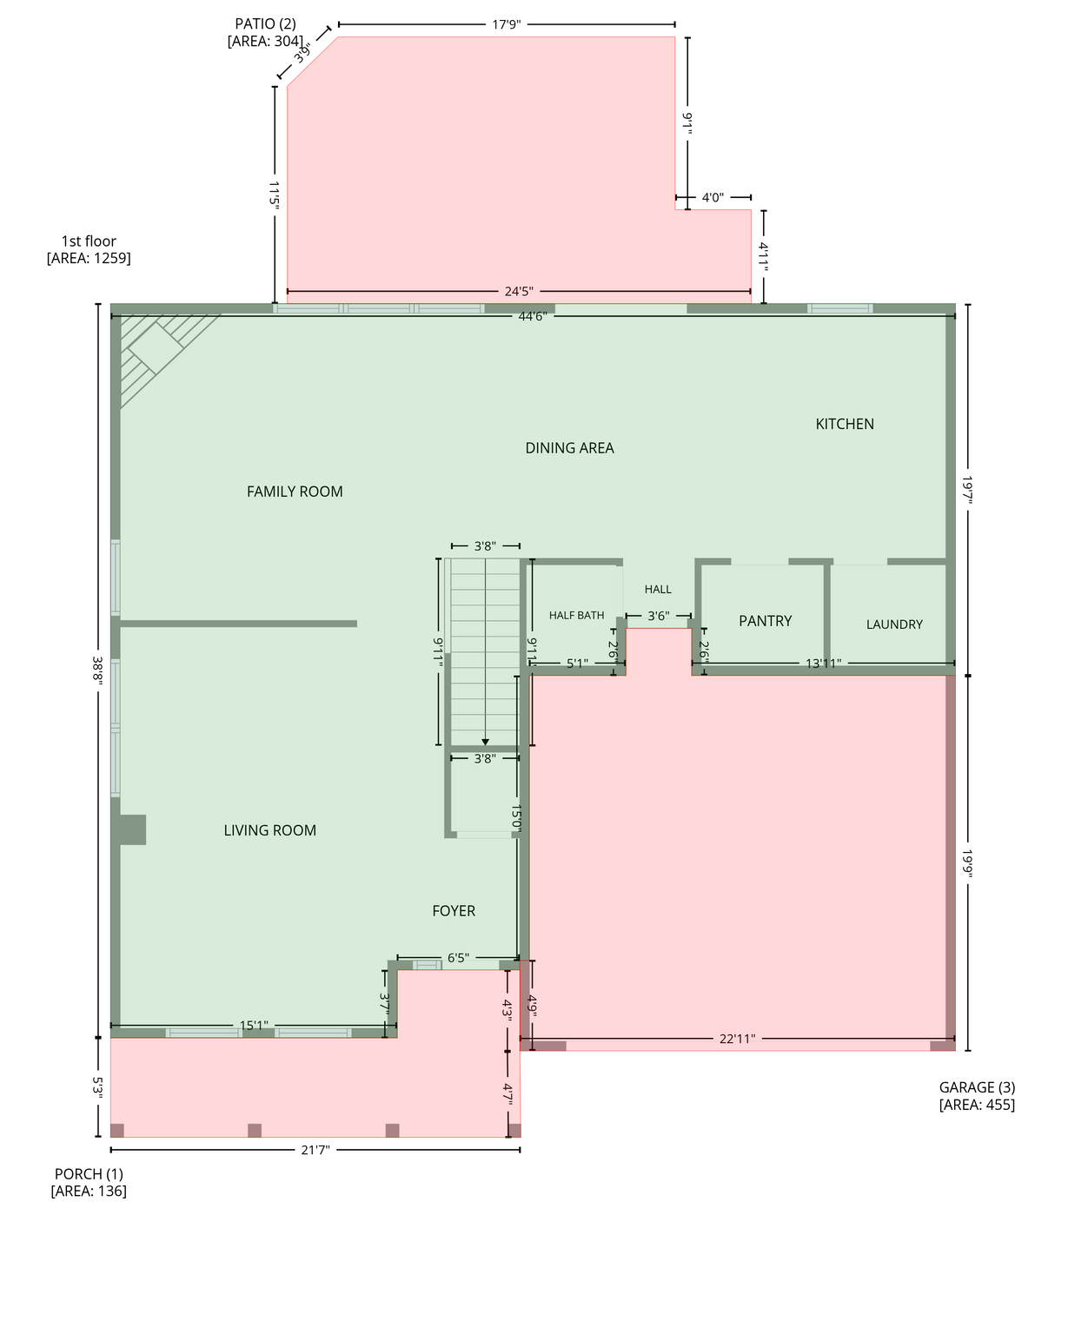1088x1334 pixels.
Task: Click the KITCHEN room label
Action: tap(844, 424)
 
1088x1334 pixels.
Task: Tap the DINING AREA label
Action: tap(569, 448)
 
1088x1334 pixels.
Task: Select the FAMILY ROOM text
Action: tap(295, 492)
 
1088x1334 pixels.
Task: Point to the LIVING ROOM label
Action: tap(270, 830)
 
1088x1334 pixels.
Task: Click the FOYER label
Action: tap(454, 911)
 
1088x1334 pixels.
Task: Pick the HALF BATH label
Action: tap(577, 615)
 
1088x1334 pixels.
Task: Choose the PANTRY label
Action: tap(766, 621)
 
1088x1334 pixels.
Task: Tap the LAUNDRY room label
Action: tap(894, 624)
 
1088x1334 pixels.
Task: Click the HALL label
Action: tap(658, 590)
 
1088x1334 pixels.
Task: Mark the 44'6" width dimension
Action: tap(533, 316)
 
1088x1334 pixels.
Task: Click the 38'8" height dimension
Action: tap(98, 670)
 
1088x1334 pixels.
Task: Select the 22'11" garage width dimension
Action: tap(737, 1039)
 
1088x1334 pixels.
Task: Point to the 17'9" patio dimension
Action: tap(507, 24)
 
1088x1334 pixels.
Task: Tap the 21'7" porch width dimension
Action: tap(315, 1150)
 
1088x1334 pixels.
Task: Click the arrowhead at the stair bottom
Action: tap(485, 743)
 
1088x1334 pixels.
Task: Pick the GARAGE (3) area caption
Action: tap(977, 1096)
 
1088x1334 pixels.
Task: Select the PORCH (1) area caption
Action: tap(89, 1182)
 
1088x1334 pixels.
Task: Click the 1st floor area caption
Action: tap(89, 249)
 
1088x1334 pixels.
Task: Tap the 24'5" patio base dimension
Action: tap(519, 291)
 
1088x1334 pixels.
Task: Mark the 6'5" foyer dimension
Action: tap(458, 958)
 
